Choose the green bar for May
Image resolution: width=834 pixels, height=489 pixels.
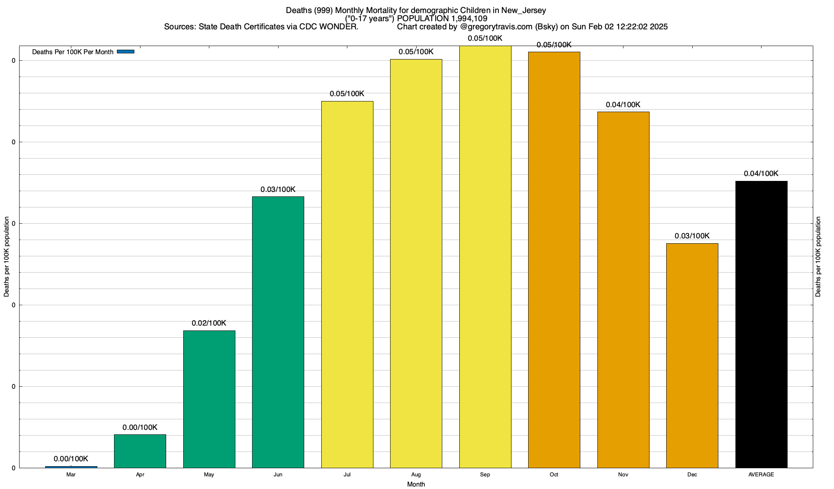209,399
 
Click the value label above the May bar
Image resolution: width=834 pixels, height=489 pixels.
209,323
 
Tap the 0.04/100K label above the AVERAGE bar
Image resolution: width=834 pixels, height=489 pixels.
761,174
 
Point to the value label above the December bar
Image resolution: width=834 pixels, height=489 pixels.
692,236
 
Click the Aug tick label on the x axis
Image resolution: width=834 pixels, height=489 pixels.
416,475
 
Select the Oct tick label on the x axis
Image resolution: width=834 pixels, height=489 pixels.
554,475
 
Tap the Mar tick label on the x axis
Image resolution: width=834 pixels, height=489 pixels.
71,475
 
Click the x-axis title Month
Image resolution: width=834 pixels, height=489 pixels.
416,484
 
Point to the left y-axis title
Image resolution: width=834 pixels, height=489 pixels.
7,257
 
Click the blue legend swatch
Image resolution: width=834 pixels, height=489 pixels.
125,52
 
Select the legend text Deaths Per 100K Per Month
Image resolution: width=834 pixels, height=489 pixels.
72,52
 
